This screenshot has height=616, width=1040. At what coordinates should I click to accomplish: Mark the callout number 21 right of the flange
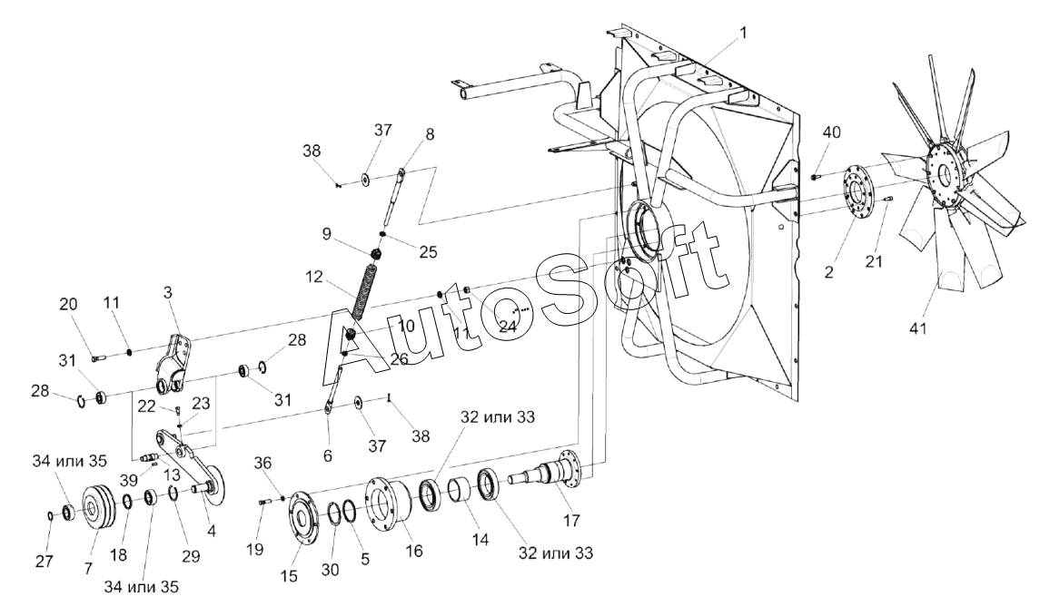point(874,261)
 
